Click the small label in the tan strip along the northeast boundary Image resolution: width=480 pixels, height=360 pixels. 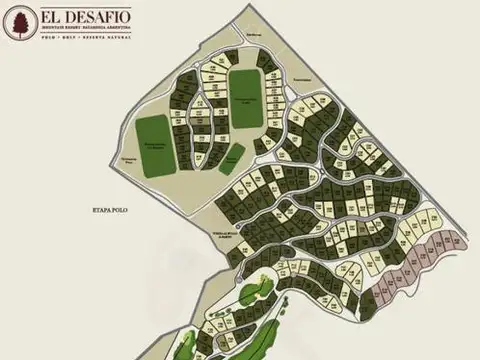(x=299, y=79)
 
